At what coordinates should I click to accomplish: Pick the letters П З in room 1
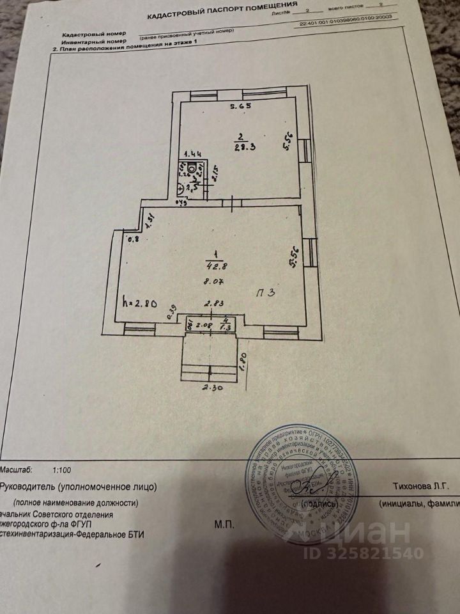pos(266,293)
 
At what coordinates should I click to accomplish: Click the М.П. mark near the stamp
pos(224,524)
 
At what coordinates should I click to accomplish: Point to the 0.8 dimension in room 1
pos(134,240)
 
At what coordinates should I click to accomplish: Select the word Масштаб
pos(17,470)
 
